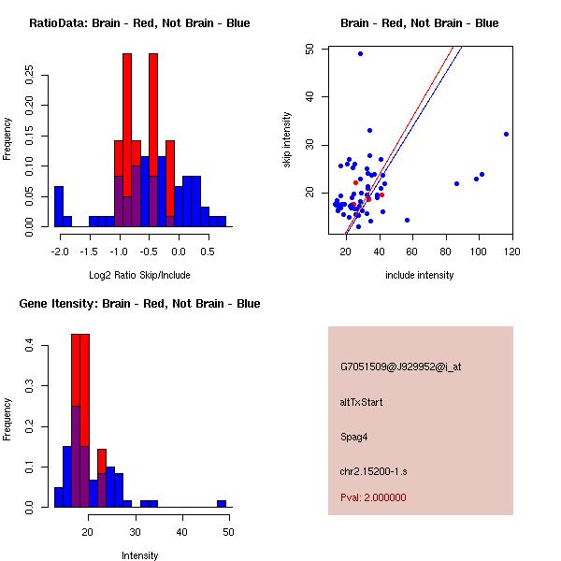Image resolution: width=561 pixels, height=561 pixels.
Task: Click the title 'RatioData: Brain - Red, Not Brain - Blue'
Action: coord(139,23)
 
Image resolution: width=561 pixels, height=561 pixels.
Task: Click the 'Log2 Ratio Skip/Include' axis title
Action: coord(139,276)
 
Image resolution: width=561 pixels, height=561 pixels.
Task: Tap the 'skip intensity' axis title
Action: coord(287,140)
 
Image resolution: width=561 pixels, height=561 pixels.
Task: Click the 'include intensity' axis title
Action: coord(420,275)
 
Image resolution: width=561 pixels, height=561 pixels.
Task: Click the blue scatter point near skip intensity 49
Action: coord(360,53)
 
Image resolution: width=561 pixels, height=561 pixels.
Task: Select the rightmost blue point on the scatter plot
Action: coord(506,134)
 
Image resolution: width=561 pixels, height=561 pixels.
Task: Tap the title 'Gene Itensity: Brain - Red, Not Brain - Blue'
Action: coord(139,304)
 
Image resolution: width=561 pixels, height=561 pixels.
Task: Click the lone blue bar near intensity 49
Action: coord(222,503)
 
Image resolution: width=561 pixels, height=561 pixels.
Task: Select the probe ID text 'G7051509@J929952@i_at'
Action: coord(401,367)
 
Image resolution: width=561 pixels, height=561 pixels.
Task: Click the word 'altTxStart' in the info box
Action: coord(362,402)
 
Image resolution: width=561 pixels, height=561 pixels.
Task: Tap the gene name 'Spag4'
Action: coord(354,437)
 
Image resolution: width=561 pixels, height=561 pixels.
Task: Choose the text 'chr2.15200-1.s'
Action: coord(372,471)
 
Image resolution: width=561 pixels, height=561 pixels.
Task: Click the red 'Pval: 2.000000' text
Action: coord(373,497)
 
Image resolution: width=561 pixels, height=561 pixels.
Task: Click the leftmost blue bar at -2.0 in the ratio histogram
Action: coord(59,207)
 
